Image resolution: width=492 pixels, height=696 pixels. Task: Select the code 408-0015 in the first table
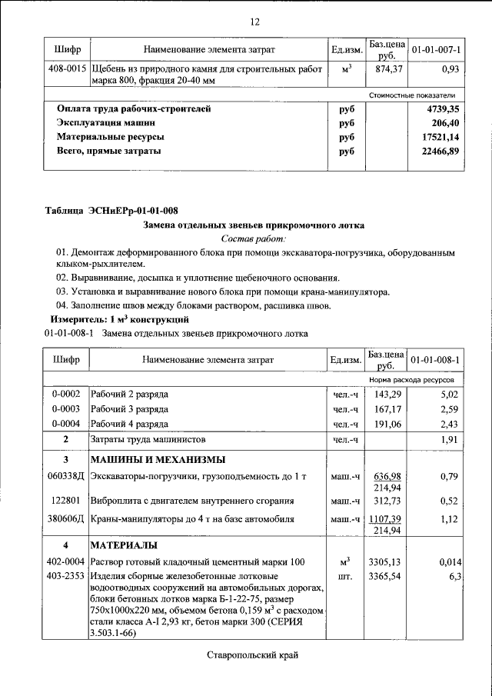point(66,69)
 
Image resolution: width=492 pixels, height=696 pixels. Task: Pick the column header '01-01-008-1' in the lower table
point(436,360)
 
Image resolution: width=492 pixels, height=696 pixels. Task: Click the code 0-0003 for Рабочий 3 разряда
point(66,408)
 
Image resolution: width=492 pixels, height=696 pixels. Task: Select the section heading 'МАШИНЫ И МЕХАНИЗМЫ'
point(158,460)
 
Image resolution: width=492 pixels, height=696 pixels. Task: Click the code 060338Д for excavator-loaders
point(66,478)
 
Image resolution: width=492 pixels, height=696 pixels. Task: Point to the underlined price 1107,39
point(387,519)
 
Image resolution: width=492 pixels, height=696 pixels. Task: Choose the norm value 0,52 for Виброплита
point(449,500)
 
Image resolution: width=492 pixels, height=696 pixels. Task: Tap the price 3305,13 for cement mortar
point(387,562)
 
